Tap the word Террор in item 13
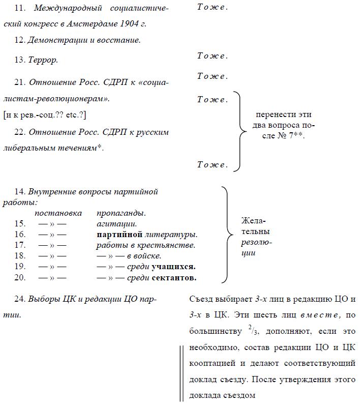(43, 60)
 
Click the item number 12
(20, 40)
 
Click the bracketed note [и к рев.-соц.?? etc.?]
(45, 115)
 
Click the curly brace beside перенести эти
(237, 131)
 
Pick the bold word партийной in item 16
(118, 235)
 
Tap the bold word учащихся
(174, 267)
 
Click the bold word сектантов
(174, 278)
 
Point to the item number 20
(20, 278)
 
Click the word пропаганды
(122, 213)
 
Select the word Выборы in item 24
(44, 299)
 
